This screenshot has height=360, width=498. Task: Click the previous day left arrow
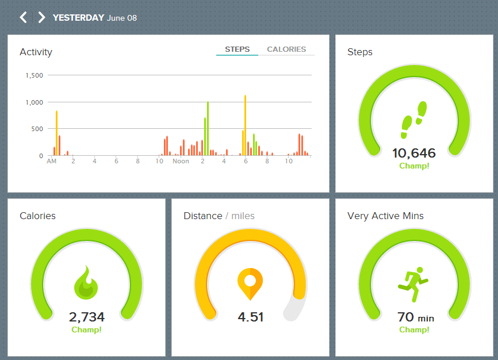pyautogui.click(x=23, y=17)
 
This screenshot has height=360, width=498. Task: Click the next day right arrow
pyautogui.click(x=41, y=17)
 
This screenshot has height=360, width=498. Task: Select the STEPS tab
pyautogui.click(x=237, y=49)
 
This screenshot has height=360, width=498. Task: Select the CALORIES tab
pyautogui.click(x=286, y=49)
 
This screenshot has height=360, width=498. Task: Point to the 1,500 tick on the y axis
pyautogui.click(x=34, y=75)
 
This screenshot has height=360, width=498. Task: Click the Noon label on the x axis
pyautogui.click(x=181, y=162)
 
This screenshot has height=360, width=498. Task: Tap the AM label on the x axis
pyautogui.click(x=52, y=162)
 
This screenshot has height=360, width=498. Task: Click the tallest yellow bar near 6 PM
pyautogui.click(x=245, y=125)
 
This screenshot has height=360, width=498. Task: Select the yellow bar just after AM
pyautogui.click(x=56, y=133)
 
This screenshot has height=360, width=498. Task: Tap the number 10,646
pyautogui.click(x=414, y=153)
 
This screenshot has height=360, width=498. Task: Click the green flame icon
pyautogui.click(x=86, y=283)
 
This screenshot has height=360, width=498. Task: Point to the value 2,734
pyautogui.click(x=86, y=317)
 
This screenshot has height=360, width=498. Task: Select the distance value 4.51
pyautogui.click(x=250, y=317)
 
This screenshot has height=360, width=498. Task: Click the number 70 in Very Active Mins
pyautogui.click(x=406, y=317)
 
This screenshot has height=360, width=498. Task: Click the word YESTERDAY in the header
pyautogui.click(x=78, y=18)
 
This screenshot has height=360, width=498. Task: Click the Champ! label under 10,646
pyautogui.click(x=414, y=166)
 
